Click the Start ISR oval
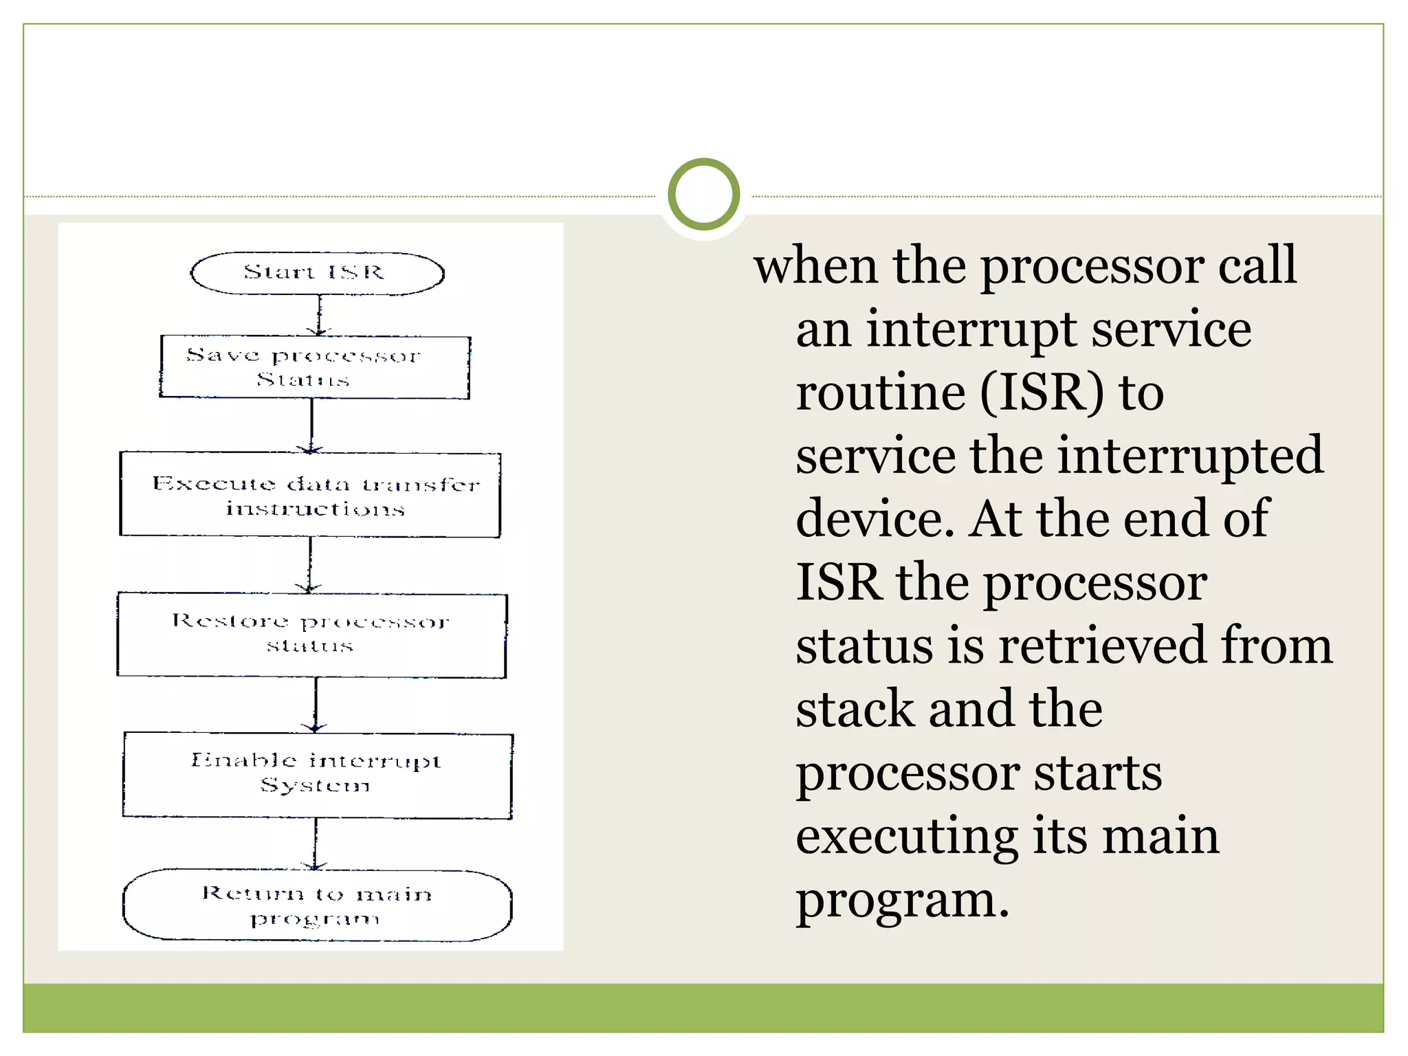(317, 273)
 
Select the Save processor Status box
(315, 366)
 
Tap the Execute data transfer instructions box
(310, 494)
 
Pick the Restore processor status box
(311, 635)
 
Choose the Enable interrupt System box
(317, 775)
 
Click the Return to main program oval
(317, 905)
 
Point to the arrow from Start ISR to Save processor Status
(319, 316)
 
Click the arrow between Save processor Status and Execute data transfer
(311, 425)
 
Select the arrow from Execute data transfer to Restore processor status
(310, 564)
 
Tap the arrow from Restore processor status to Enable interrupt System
(316, 705)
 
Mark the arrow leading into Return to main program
(316, 844)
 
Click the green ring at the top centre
(703, 195)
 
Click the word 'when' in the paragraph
(815, 265)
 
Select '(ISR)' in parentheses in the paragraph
(1042, 393)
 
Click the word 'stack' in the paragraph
(855, 709)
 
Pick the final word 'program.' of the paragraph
(902, 900)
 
